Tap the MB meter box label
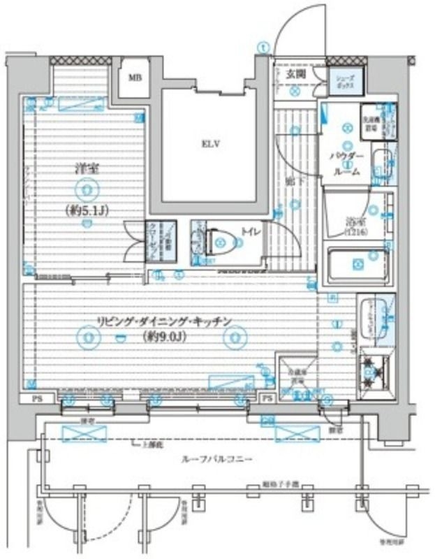135,77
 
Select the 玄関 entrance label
295,73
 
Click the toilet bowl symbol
223,242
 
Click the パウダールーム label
347,163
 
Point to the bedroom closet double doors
133,240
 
